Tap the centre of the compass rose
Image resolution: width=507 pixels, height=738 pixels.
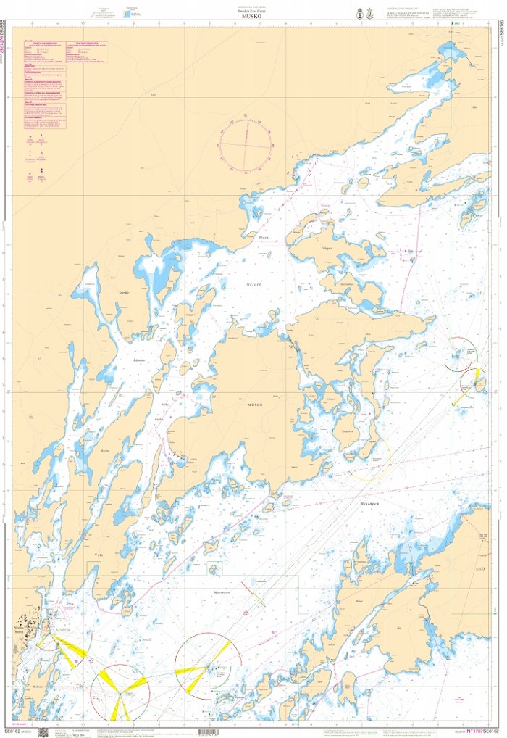pyautogui.click(x=246, y=144)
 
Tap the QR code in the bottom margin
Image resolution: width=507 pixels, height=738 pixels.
pyautogui.click(x=42, y=731)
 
